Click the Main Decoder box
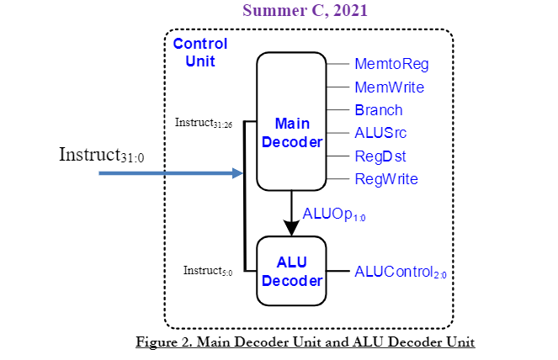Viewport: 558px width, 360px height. coord(291,122)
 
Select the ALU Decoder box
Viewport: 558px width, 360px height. coord(291,271)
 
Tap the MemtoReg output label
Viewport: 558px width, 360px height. coord(392,64)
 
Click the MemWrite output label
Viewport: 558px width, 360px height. coord(389,87)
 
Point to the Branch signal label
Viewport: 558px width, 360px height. coord(379,110)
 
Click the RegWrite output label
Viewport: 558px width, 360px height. coord(386,178)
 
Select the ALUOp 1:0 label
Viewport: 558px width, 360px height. coord(334,214)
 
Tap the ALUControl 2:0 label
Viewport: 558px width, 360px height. coord(400,272)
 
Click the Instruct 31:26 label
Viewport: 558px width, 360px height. coord(203,123)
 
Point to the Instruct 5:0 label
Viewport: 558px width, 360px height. coord(207,271)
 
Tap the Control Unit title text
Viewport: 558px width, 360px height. coord(199,52)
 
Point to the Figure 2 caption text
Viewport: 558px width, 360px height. coord(305,342)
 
